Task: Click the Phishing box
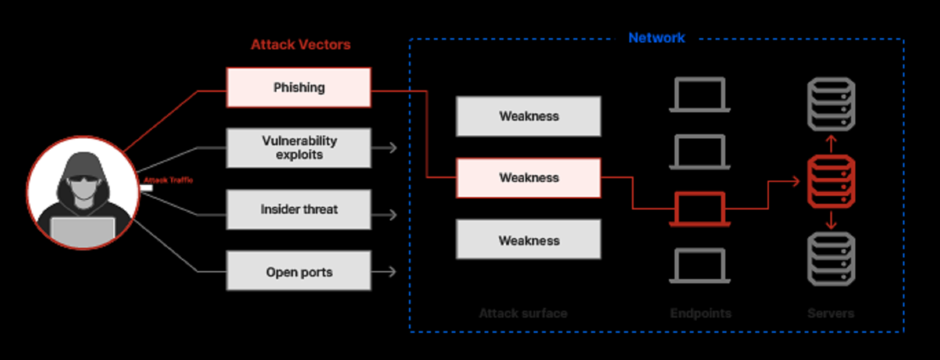pyautogui.click(x=299, y=88)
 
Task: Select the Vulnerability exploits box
pyautogui.click(x=299, y=148)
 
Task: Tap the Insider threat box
pyautogui.click(x=299, y=209)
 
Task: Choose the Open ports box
pyautogui.click(x=299, y=271)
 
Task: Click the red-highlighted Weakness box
pyautogui.click(x=529, y=178)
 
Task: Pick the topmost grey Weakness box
pyautogui.click(x=529, y=116)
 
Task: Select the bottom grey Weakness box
pyautogui.click(x=529, y=240)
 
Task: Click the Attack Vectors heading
pyautogui.click(x=300, y=45)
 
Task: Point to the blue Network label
pyautogui.click(x=657, y=38)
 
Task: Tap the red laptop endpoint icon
pyautogui.click(x=699, y=209)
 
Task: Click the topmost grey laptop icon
pyautogui.click(x=699, y=94)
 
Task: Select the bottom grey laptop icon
pyautogui.click(x=699, y=266)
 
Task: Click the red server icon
pyautogui.click(x=830, y=182)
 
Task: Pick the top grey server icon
pyautogui.click(x=830, y=103)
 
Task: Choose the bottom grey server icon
pyautogui.click(x=830, y=259)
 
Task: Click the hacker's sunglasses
pyautogui.click(x=82, y=181)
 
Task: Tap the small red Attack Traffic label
pyautogui.click(x=168, y=181)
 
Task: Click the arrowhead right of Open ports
pyautogui.click(x=392, y=271)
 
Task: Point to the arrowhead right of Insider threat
pyautogui.click(x=392, y=215)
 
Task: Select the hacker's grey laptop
pyautogui.click(x=82, y=230)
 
